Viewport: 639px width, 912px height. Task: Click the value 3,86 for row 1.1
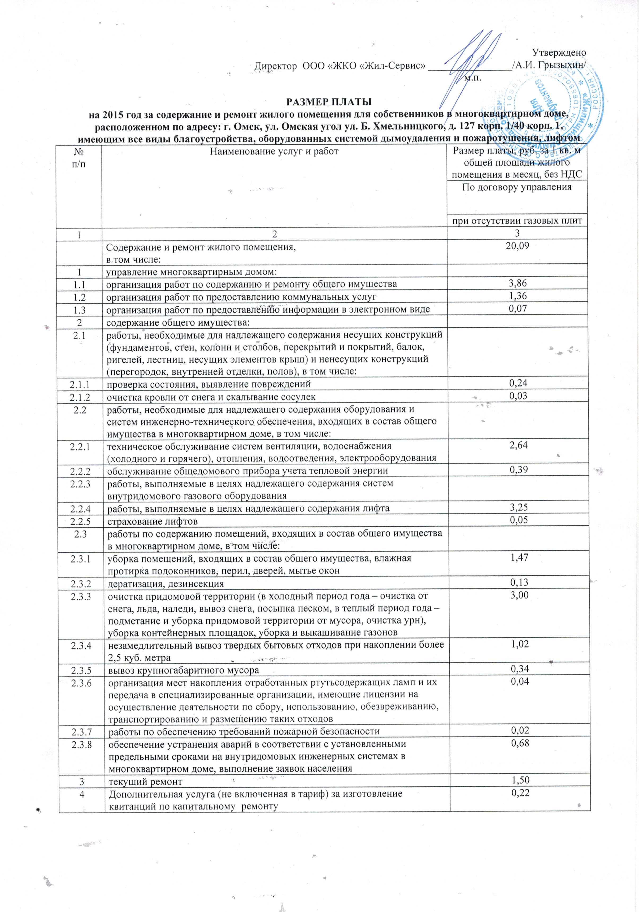[x=517, y=283]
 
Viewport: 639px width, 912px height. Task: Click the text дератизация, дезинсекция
[x=166, y=583]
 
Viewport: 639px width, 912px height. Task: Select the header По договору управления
[x=517, y=187]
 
